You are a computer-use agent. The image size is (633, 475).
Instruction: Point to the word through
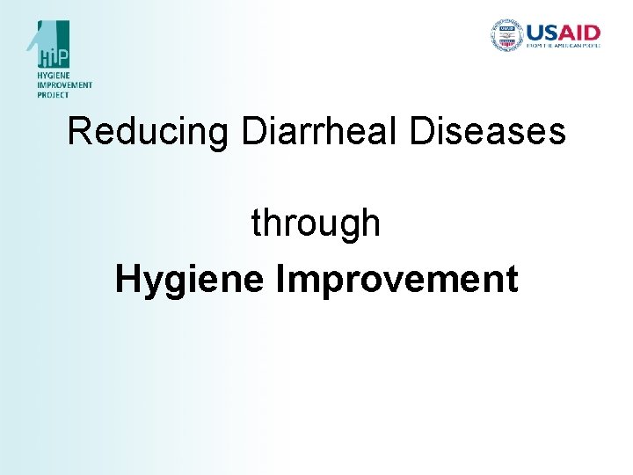(x=316, y=223)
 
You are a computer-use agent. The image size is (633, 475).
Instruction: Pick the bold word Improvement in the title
(x=397, y=281)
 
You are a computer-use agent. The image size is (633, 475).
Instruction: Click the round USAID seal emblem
(x=506, y=36)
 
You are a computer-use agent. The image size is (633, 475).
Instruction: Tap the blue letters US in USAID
(x=545, y=33)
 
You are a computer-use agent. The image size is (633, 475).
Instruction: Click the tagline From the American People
(x=563, y=46)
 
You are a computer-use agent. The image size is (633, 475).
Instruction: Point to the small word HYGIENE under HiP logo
(x=54, y=77)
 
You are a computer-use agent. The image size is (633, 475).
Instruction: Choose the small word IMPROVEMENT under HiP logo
(x=63, y=86)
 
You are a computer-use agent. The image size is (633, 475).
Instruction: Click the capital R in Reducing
(x=80, y=132)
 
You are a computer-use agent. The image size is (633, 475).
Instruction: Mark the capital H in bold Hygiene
(x=127, y=280)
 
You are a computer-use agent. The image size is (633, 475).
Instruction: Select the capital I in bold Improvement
(x=280, y=280)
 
